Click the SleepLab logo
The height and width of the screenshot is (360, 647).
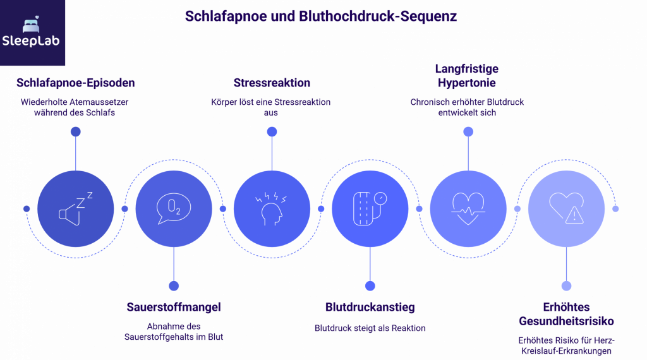(32, 33)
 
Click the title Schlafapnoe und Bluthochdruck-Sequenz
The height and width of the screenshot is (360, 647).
(321, 16)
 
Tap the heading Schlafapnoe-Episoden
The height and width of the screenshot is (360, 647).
(76, 83)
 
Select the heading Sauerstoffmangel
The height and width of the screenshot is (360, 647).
(174, 308)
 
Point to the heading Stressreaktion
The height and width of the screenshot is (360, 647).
(272, 83)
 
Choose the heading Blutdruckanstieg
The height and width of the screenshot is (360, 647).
(370, 308)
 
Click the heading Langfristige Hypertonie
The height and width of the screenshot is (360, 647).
(467, 75)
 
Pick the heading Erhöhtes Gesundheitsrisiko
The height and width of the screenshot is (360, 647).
(566, 314)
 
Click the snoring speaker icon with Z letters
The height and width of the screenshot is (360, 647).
(76, 208)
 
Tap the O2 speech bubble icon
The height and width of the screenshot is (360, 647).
(174, 208)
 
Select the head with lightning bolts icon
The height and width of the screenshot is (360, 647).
(272, 208)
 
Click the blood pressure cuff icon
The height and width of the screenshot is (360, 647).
(370, 208)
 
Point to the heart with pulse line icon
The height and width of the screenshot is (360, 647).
(468, 208)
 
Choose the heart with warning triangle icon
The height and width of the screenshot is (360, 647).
(566, 208)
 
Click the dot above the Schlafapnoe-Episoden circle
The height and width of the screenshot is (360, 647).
(76, 131)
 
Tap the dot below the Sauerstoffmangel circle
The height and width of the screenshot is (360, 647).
(174, 285)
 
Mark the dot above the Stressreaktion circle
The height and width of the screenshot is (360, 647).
(272, 131)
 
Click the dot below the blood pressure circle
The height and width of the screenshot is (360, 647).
(370, 285)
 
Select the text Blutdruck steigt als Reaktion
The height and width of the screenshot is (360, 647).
(370, 328)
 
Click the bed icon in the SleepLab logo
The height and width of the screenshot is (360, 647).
(32, 25)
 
